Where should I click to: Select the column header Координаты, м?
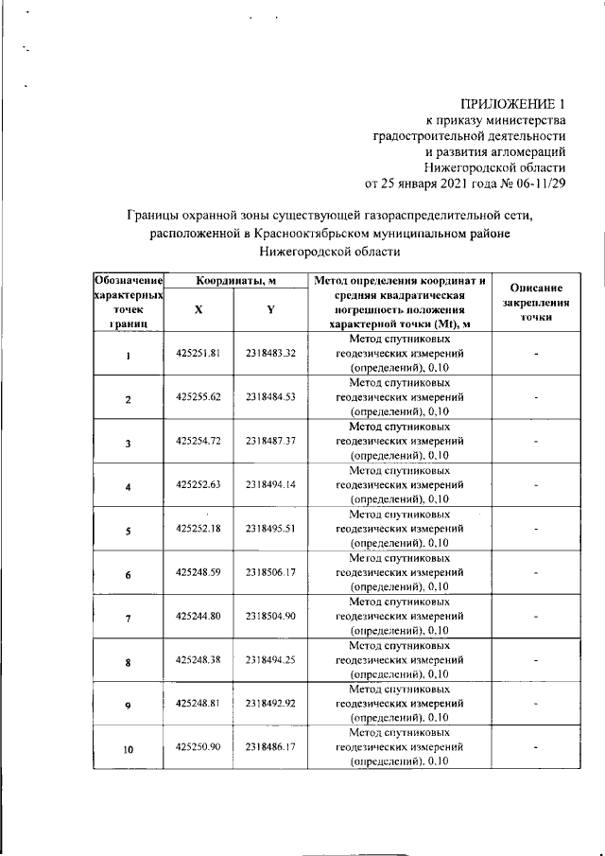(x=235, y=281)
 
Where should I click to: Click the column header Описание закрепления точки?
(x=536, y=303)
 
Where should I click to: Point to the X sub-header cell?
(x=198, y=309)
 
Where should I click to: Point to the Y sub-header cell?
(x=270, y=309)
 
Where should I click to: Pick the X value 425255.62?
(x=198, y=396)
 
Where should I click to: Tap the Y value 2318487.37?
(x=271, y=441)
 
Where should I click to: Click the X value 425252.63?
(x=198, y=484)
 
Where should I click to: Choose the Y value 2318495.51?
(x=271, y=529)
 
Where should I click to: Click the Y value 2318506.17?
(x=271, y=572)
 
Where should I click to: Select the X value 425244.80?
(x=198, y=617)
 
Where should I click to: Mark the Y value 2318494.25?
(x=271, y=658)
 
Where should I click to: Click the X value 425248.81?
(x=198, y=703)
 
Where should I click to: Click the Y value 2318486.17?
(x=271, y=746)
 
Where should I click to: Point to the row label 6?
(x=128, y=574)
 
